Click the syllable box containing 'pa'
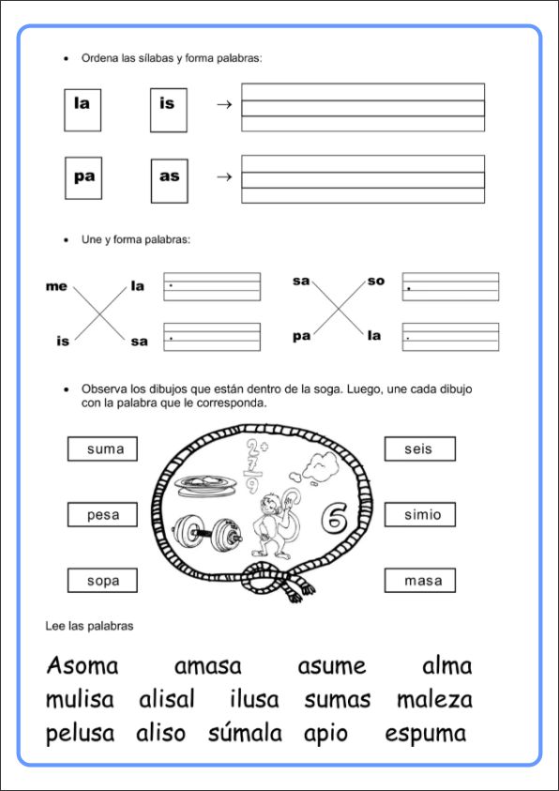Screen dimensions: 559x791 83,178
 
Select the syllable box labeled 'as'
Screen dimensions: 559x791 170,180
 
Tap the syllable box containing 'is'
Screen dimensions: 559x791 168,110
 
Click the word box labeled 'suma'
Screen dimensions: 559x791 102,449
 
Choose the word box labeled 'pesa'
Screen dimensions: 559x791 102,514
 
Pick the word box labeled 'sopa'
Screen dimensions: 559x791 102,580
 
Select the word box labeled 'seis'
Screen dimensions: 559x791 420,449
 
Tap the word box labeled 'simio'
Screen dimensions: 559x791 420,514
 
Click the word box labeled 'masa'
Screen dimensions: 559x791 420,580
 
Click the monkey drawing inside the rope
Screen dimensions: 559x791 274,525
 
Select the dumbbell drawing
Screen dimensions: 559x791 207,534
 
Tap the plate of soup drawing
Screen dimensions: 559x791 204,485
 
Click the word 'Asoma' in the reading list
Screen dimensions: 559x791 83,665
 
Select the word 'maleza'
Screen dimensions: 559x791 434,700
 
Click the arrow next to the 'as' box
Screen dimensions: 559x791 224,177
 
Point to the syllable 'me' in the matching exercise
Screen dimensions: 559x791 56,287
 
